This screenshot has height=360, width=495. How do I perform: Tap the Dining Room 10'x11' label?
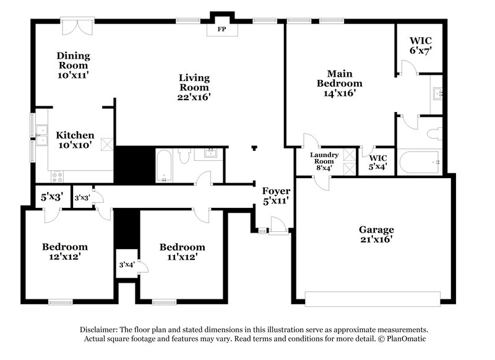(73, 64)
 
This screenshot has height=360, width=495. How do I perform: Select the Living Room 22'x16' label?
(194, 87)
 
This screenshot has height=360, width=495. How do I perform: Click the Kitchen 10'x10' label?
(75, 140)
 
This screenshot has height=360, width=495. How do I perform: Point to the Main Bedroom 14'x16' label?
(339, 83)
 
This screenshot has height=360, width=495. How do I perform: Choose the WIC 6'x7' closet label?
(420, 46)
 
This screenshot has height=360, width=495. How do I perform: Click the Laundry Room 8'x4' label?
(324, 160)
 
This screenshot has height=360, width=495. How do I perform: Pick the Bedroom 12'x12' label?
(64, 251)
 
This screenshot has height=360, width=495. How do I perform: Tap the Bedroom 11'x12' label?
(182, 252)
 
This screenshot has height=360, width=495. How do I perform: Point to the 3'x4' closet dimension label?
(126, 265)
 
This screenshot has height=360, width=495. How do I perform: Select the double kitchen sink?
(42, 135)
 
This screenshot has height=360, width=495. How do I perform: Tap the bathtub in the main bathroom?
(420, 163)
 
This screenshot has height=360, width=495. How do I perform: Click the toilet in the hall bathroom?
(184, 158)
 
